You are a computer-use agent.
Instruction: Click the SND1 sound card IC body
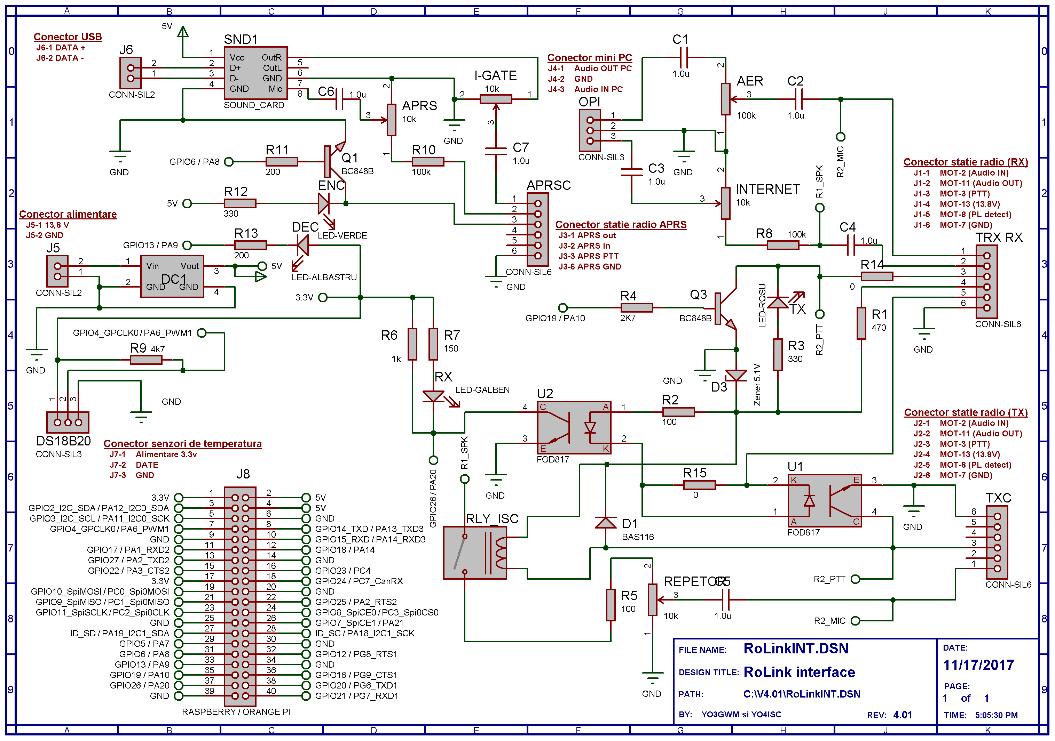click(255, 73)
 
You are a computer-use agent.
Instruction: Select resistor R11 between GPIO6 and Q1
click(281, 162)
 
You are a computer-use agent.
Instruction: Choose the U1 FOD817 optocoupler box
click(824, 500)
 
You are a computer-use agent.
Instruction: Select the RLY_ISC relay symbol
click(475, 553)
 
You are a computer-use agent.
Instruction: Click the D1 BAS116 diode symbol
click(606, 523)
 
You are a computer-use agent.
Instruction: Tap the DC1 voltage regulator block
click(172, 276)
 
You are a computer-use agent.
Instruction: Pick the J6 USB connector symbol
click(131, 73)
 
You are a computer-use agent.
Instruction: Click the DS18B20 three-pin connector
click(68, 422)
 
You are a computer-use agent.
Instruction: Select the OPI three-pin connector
click(590, 131)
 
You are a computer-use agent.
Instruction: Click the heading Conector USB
click(68, 37)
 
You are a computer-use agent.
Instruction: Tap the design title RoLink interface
click(799, 672)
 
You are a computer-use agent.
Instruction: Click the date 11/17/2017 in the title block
click(978, 665)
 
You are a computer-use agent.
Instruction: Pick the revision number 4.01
click(903, 715)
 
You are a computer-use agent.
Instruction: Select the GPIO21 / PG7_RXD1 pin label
click(356, 696)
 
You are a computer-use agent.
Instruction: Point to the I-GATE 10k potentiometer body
click(496, 99)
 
